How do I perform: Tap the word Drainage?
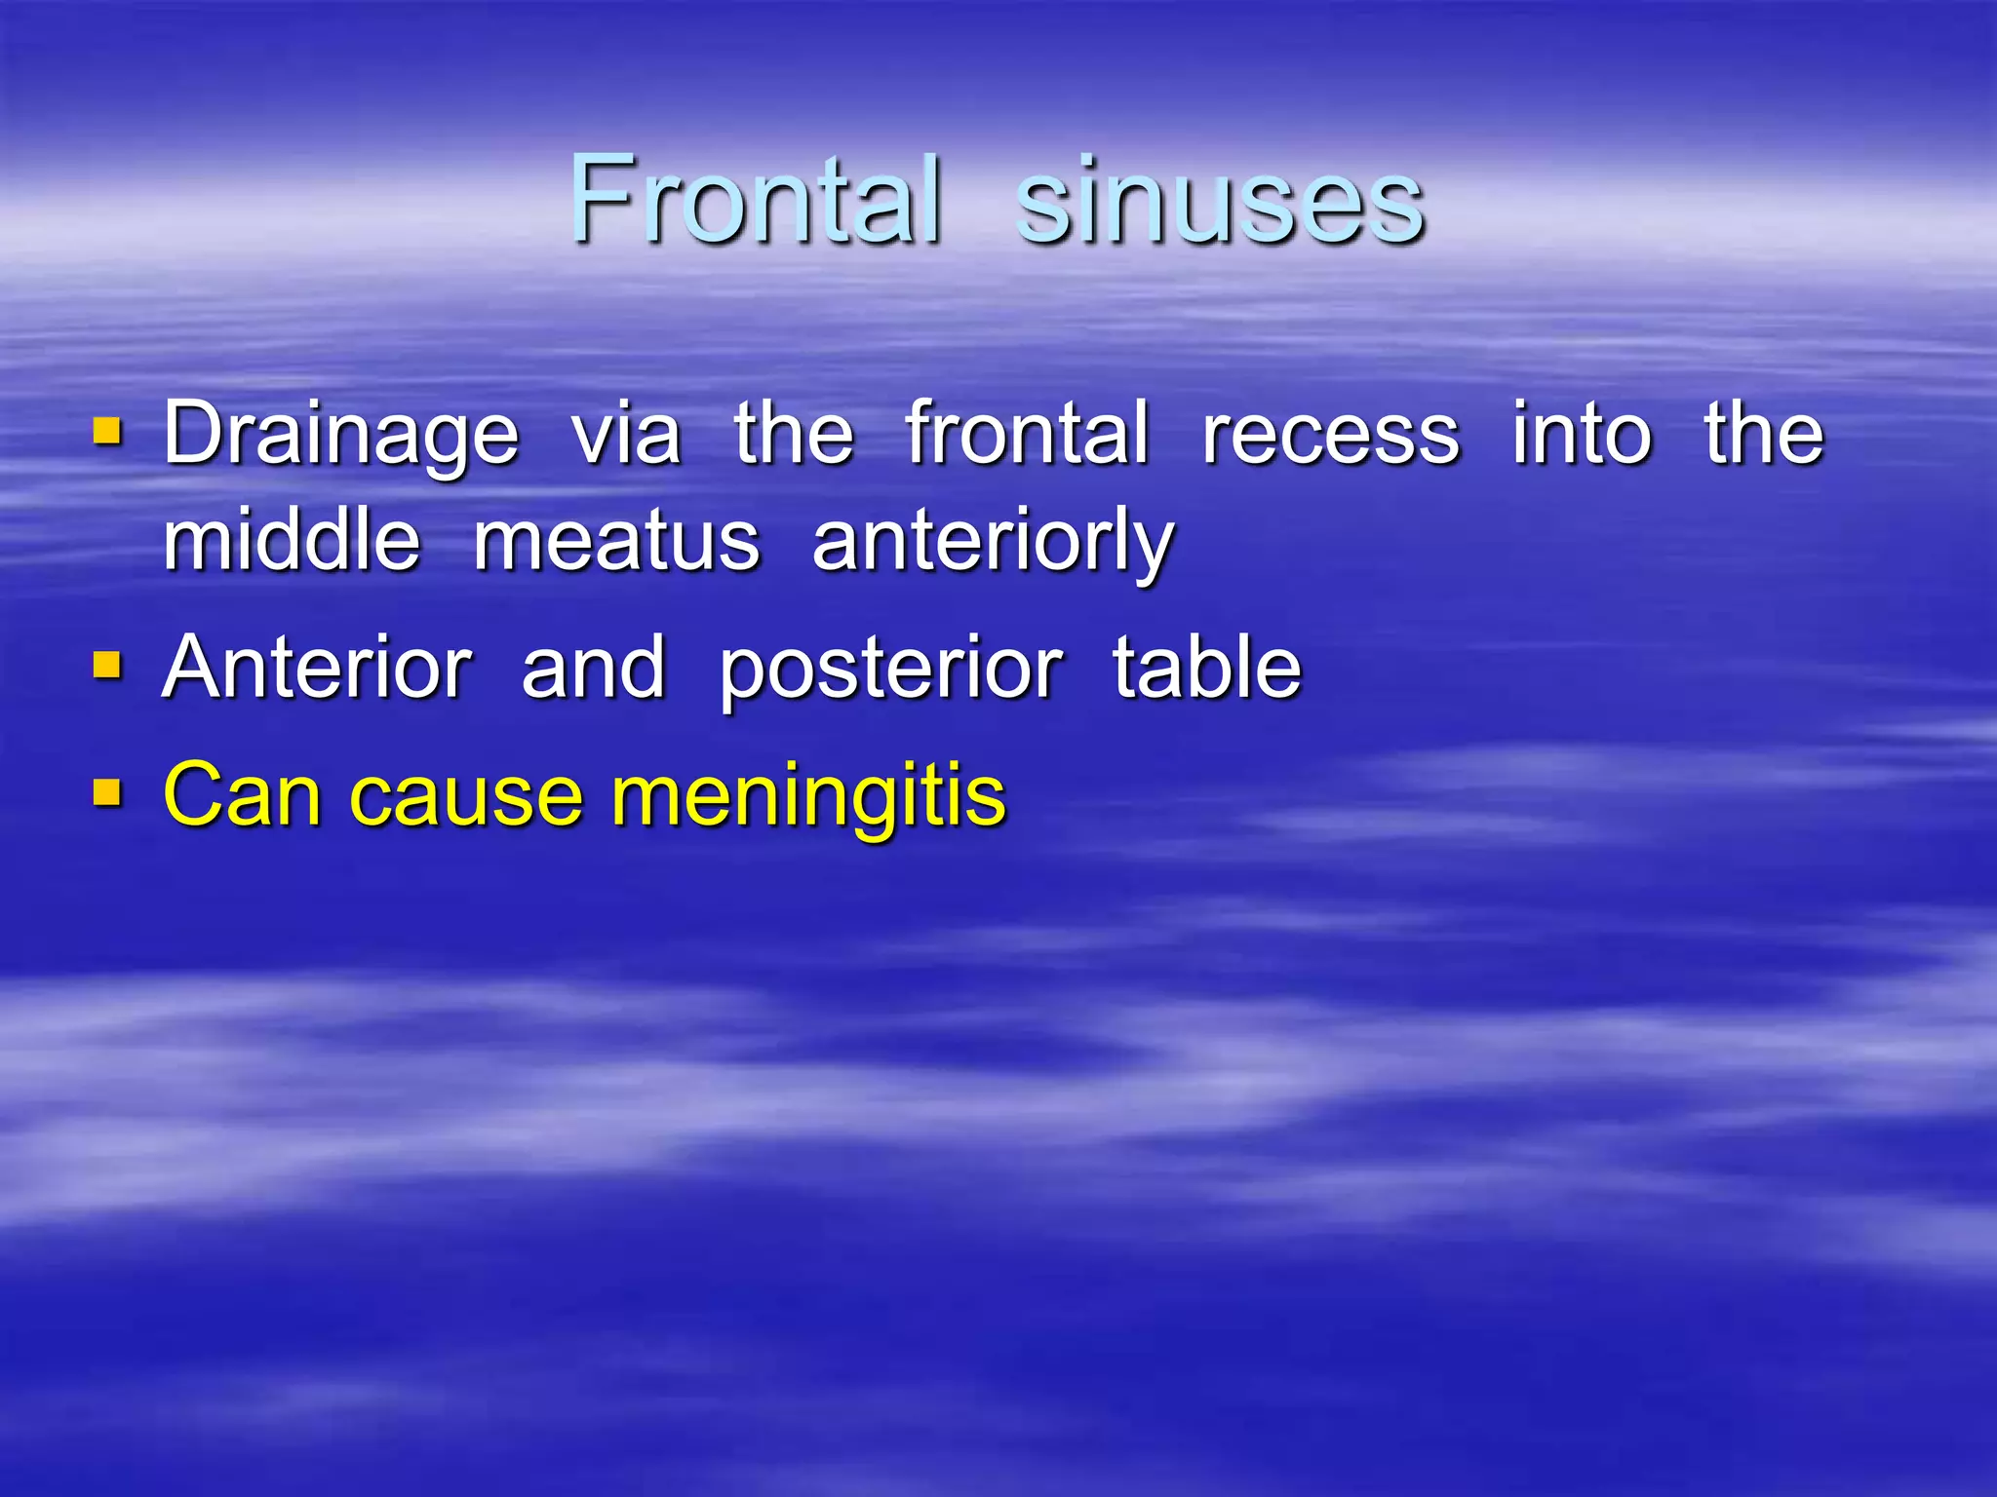tap(340, 435)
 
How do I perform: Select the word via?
tap(626, 435)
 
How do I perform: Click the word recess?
tap(1330, 435)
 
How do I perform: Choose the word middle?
tap(292, 541)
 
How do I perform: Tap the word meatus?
tap(616, 543)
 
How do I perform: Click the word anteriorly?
tap(994, 543)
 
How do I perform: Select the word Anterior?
tap(318, 668)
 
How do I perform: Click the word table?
tap(1207, 668)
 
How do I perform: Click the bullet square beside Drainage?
tap(107, 430)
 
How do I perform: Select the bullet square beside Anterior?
tap(107, 666)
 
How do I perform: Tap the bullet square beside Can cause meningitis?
tap(107, 792)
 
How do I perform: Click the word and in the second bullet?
tap(594, 668)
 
